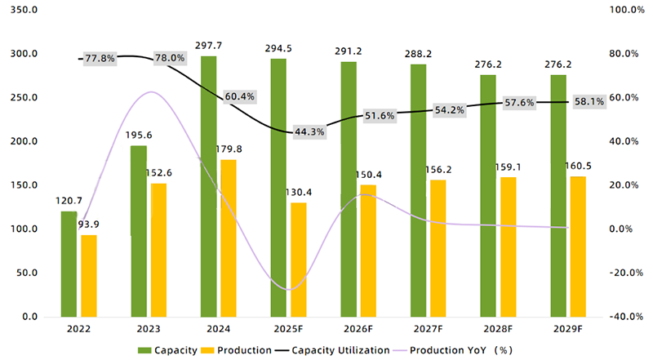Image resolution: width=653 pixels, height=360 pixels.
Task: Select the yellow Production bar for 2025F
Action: [299, 260]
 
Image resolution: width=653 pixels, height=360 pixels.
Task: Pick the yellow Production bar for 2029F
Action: [577, 247]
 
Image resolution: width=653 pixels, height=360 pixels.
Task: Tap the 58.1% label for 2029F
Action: [589, 102]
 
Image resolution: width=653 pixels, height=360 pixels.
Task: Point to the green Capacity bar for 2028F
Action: [488, 196]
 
